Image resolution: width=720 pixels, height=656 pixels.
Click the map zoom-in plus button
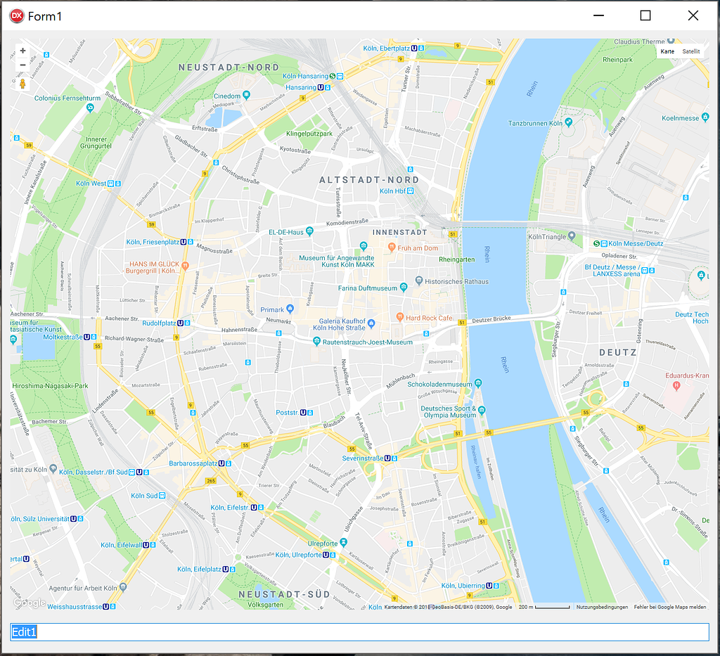22,51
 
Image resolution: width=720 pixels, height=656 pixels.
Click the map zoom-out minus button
22,65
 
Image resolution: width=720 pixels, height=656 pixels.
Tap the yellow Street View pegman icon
22,84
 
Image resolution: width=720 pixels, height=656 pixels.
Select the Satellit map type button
691,51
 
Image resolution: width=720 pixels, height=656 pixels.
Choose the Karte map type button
667,51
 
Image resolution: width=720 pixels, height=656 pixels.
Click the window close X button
693,15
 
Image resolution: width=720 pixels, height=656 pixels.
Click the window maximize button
645,15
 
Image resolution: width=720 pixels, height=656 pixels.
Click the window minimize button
599,15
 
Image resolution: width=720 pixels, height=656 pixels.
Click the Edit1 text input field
359,631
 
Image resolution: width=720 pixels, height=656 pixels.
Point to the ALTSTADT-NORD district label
369,180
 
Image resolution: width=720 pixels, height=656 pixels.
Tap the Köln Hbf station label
393,191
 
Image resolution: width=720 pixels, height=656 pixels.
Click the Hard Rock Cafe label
429,318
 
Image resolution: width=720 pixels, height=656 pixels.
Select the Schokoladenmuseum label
440,385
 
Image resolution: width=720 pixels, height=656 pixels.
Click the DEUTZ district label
617,352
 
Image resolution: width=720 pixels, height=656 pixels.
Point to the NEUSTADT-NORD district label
229,67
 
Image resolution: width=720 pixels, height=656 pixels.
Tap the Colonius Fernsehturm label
67,98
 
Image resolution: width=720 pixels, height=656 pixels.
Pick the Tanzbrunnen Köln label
535,123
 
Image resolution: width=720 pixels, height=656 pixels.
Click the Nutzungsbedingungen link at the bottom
602,607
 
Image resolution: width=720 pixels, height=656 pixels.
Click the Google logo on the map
30,603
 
